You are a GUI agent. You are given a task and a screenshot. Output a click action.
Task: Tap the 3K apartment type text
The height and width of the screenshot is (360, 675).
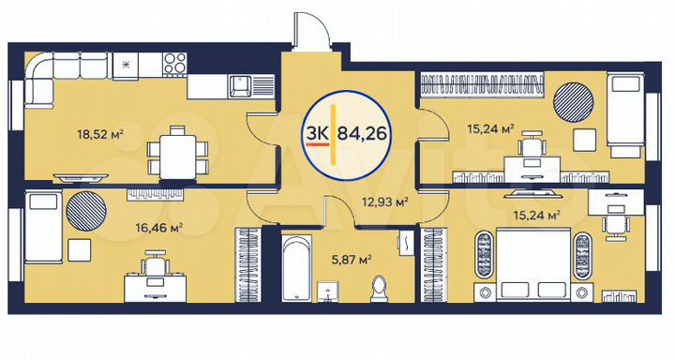tap(315, 132)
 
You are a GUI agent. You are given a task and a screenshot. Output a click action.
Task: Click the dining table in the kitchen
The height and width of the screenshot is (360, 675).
tap(175, 151)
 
